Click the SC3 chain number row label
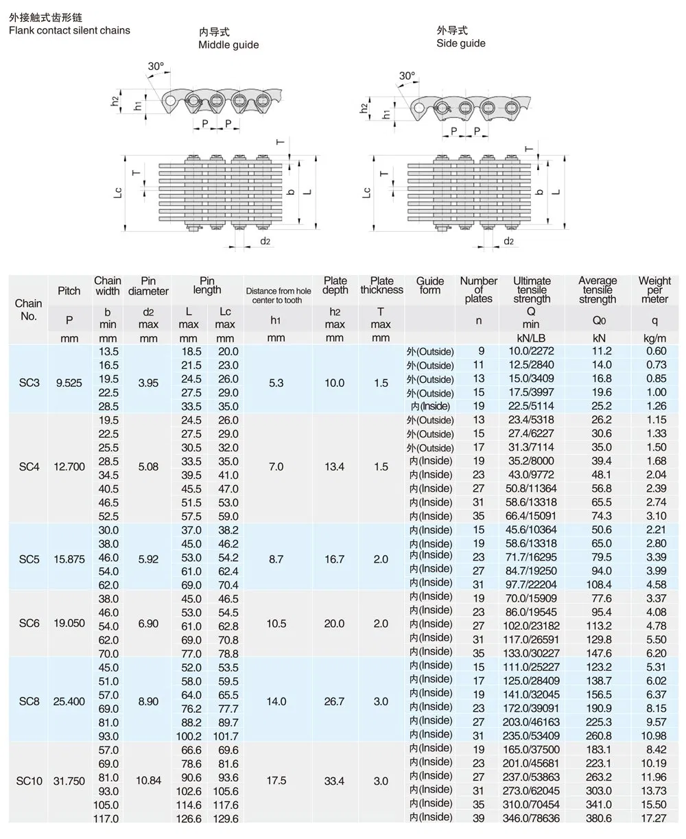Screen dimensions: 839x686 [29, 383]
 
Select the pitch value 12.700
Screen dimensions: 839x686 [69, 467]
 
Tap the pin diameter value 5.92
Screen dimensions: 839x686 [148, 559]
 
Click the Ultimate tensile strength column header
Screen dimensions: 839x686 [532, 289]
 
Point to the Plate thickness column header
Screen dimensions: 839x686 [381, 285]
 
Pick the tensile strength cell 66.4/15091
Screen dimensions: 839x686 [532, 516]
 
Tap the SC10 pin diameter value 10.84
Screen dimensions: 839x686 [148, 781]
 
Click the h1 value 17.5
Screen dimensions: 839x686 [276, 781]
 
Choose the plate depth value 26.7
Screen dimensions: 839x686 [334, 702]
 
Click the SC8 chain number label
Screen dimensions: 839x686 [29, 702]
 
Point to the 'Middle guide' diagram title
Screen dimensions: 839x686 [228, 45]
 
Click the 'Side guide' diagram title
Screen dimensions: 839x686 [460, 43]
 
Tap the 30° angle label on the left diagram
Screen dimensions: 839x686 [156, 67]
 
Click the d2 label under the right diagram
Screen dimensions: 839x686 [508, 241]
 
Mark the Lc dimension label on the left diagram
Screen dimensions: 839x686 [118, 194]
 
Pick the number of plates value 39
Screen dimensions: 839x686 [478, 818]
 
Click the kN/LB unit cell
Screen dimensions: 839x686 [532, 338]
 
